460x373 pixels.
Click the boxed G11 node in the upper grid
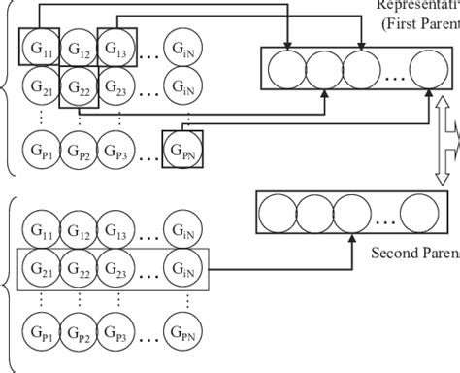37,46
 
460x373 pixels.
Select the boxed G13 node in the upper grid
116,46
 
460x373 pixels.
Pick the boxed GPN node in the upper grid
182,152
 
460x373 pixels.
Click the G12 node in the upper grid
77,46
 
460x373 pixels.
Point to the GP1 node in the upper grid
37,152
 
